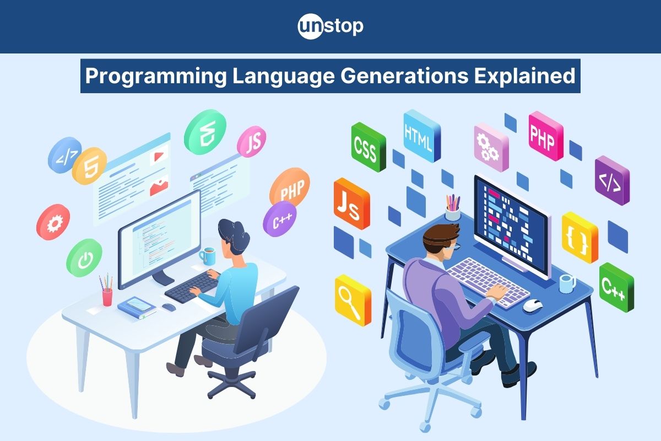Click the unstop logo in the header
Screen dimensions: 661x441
[330, 27]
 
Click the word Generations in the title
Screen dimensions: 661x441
[404, 76]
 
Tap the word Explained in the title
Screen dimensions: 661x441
[524, 76]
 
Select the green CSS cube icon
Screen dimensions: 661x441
[369, 147]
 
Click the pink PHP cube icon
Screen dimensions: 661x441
[546, 136]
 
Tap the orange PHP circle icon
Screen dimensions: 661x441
[290, 187]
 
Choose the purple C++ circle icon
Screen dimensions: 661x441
[280, 219]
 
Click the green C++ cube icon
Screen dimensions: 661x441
[616, 287]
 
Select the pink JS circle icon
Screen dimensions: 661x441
[251, 142]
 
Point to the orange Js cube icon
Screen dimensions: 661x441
[352, 204]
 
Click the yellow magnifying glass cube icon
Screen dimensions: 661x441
[353, 300]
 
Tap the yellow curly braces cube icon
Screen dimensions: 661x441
[580, 238]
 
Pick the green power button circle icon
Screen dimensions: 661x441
[84, 258]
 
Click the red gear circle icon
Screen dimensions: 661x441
[53, 222]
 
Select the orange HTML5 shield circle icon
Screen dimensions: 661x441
[89, 166]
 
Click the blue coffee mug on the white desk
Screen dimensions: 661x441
[208, 256]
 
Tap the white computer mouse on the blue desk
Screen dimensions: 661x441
[533, 305]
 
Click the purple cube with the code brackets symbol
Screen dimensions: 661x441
[613, 180]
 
